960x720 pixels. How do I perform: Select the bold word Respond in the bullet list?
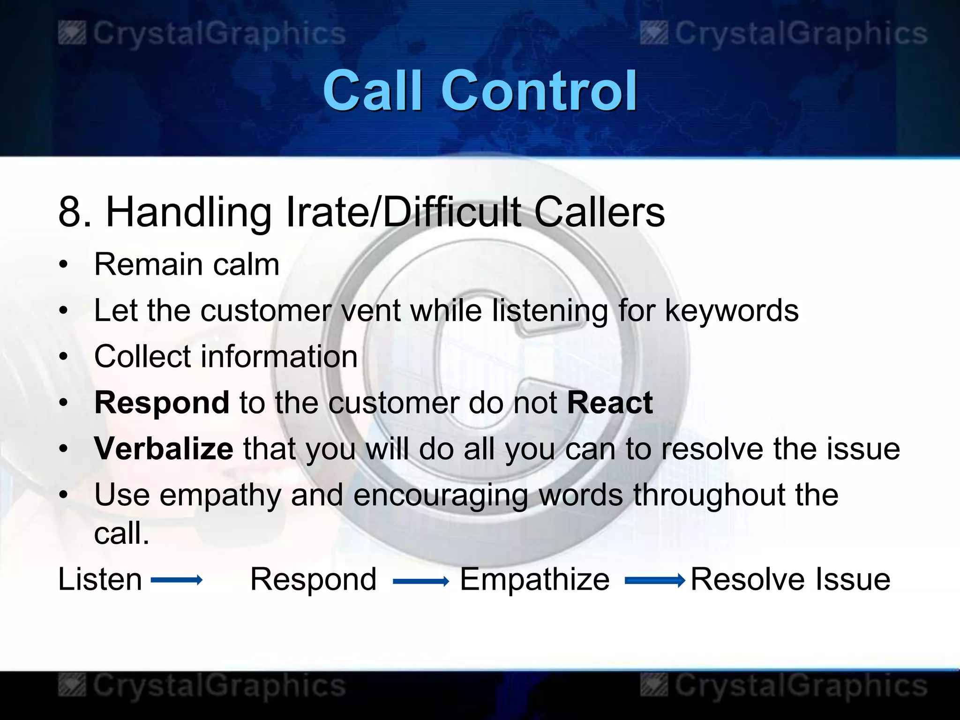click(162, 403)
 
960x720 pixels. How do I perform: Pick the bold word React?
click(609, 403)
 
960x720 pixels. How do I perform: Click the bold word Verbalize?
click(164, 449)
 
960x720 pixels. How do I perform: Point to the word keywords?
click(732, 311)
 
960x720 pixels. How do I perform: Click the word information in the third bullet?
click(279, 357)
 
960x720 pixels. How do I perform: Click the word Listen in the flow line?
click(100, 579)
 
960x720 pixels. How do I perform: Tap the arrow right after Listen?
click(177, 580)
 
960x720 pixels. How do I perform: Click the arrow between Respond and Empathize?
click(420, 582)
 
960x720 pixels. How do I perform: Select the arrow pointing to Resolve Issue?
click(655, 581)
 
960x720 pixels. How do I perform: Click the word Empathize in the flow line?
click(534, 579)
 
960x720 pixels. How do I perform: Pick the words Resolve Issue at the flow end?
click(790, 579)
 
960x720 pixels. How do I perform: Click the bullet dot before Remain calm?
click(64, 265)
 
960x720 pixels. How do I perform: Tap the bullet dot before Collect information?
click(64, 357)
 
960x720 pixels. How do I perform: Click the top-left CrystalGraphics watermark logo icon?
click(72, 34)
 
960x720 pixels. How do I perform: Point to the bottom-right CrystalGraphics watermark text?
click(801, 686)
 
